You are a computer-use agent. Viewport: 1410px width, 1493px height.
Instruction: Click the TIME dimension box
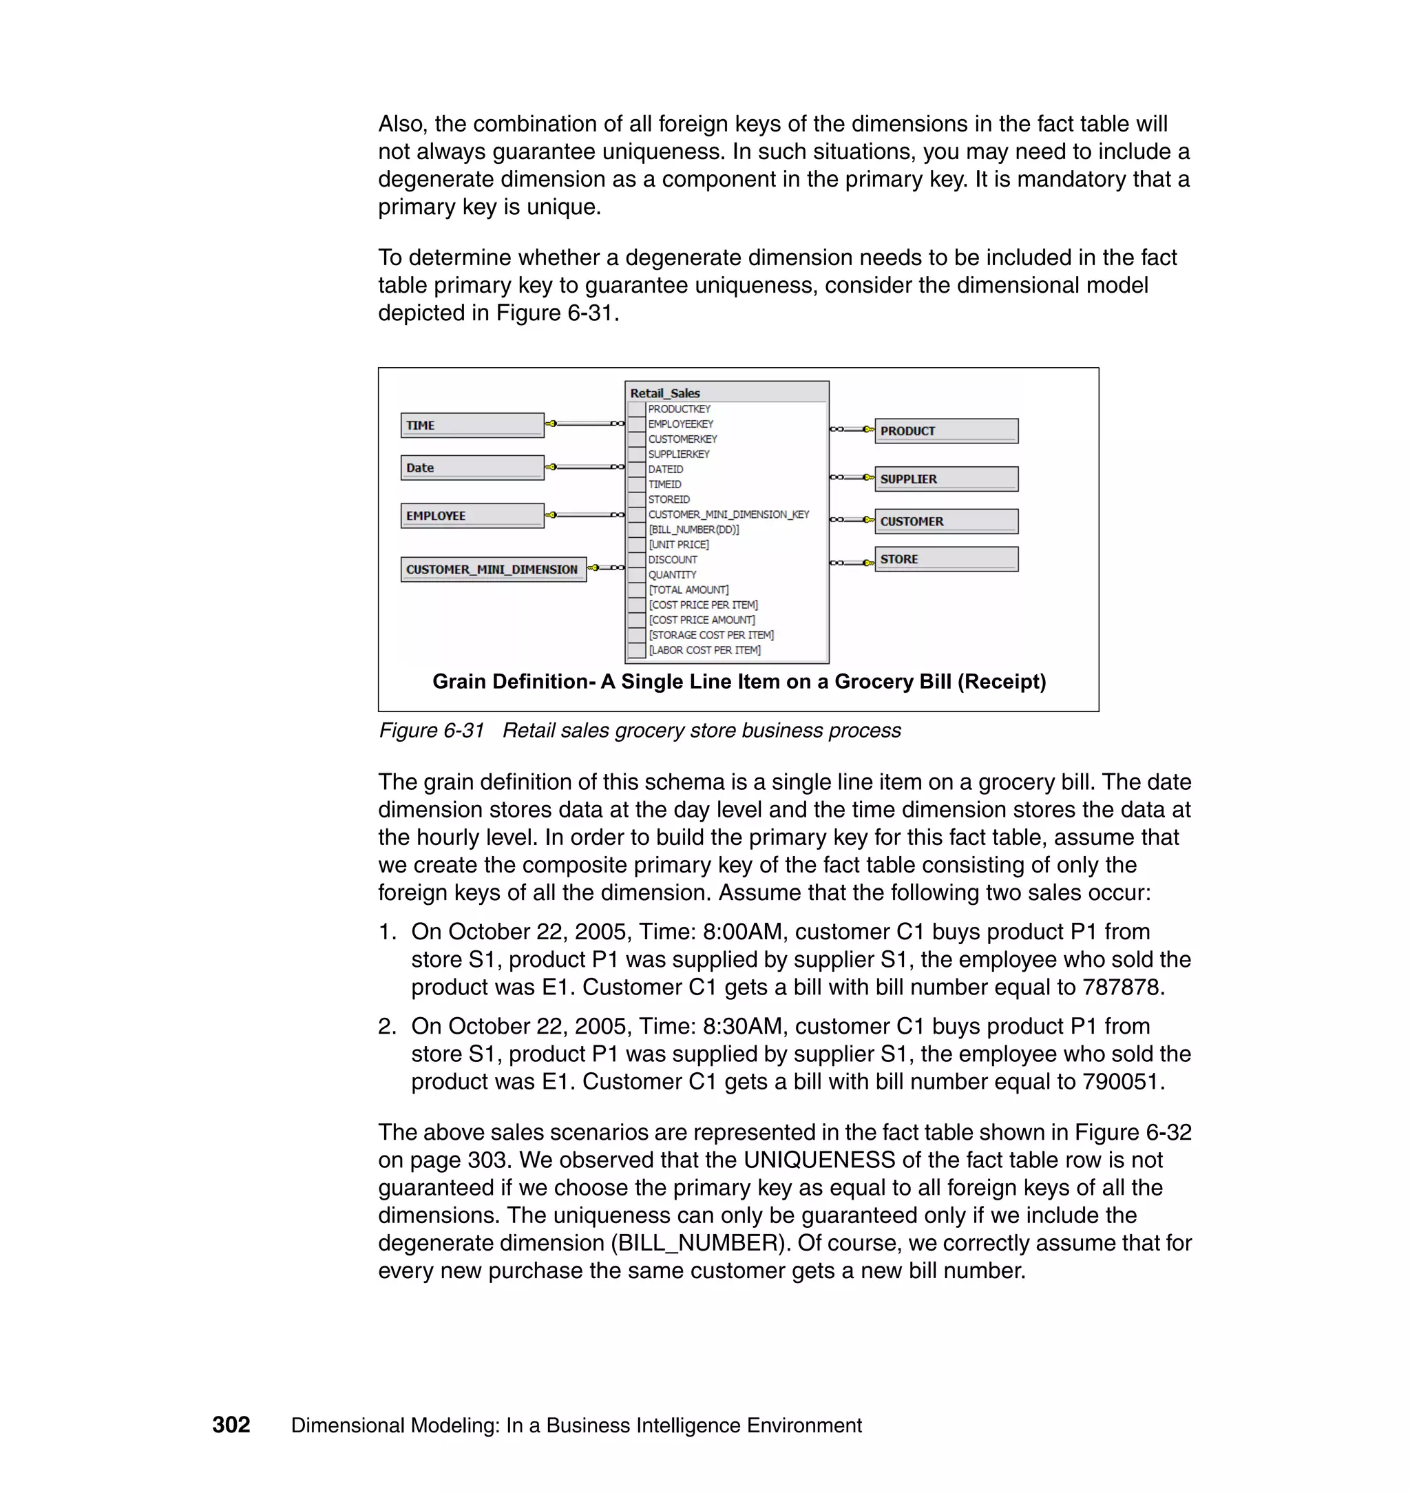point(472,425)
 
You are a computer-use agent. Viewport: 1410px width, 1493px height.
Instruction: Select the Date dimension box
point(472,467)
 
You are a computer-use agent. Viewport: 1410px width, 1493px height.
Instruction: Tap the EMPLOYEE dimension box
point(472,515)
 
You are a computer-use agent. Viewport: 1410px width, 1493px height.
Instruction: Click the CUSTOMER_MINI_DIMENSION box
point(493,569)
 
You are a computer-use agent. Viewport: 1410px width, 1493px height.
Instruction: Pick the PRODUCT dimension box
point(945,431)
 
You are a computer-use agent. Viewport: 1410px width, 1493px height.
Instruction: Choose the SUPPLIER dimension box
point(945,479)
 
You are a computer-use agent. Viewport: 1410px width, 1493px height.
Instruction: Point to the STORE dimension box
point(945,558)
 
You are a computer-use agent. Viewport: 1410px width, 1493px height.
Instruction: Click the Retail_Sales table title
point(664,393)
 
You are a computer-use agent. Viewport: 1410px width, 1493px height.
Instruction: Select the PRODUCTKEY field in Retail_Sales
point(679,409)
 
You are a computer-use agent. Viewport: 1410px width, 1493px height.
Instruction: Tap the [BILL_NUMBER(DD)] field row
point(693,530)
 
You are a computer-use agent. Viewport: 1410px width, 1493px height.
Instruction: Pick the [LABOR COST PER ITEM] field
point(704,649)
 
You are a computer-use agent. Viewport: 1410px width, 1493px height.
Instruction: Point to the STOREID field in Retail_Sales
point(669,499)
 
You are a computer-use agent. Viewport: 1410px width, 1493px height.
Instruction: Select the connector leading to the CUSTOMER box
point(852,519)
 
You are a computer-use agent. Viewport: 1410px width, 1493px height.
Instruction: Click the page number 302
point(231,1425)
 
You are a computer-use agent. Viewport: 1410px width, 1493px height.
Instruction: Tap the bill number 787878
point(1122,987)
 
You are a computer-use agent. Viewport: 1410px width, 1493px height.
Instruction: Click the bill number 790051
point(1122,1081)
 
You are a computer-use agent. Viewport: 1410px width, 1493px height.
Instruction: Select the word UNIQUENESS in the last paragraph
point(819,1160)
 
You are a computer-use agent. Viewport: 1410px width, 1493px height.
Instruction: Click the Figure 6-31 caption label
point(432,730)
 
